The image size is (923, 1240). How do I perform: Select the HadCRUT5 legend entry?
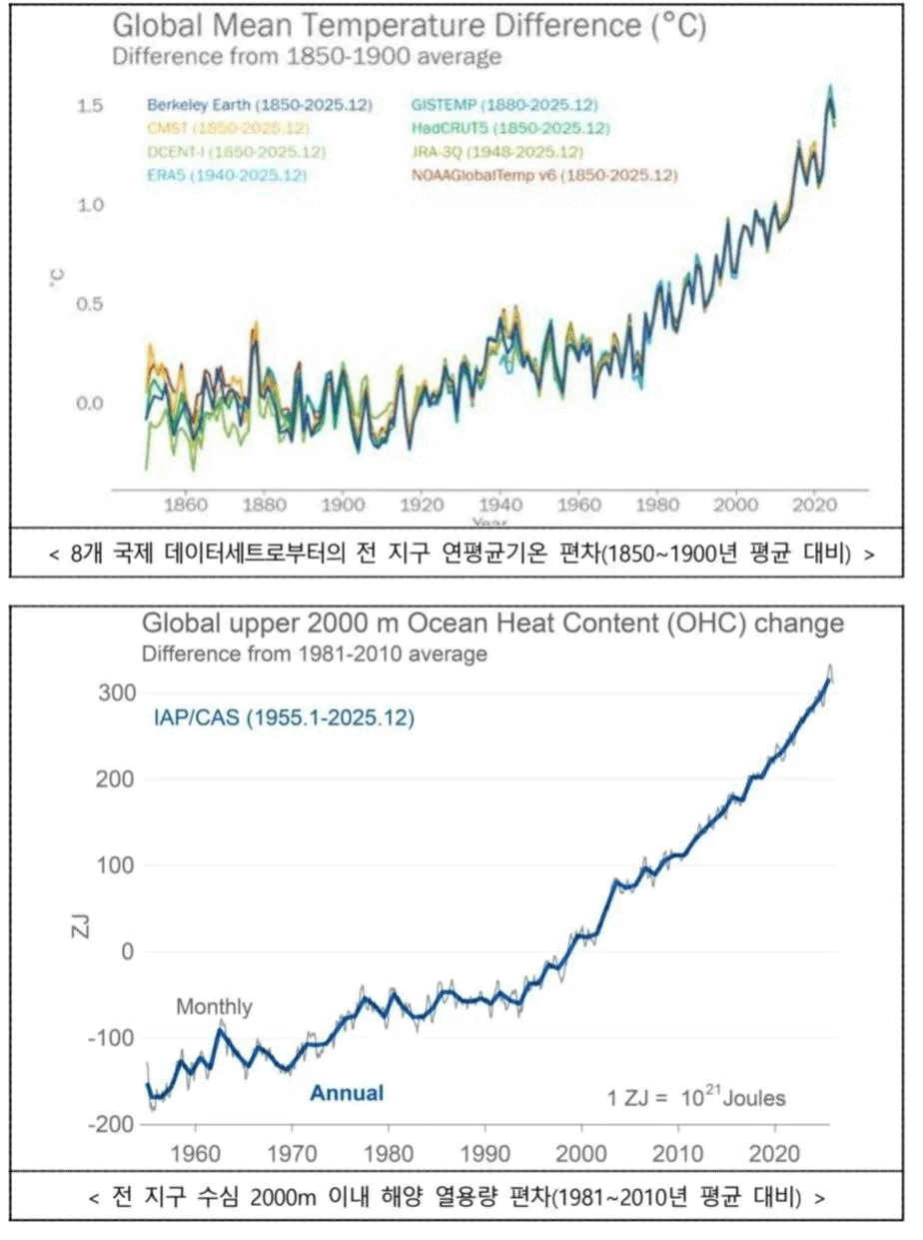[509, 128]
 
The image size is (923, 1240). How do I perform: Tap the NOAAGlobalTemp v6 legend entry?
[544, 176]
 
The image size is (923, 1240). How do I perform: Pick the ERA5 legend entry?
[227, 175]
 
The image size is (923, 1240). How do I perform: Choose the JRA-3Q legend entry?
[496, 152]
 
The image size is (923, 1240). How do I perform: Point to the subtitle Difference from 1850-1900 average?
[306, 57]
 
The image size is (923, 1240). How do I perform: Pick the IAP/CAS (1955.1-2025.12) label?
[284, 717]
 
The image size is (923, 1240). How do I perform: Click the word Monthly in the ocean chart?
[214, 1007]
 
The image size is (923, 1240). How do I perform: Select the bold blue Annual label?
[346, 1093]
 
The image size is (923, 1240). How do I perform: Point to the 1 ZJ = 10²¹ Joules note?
[696, 1098]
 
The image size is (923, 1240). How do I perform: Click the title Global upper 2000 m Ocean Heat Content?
[491, 624]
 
